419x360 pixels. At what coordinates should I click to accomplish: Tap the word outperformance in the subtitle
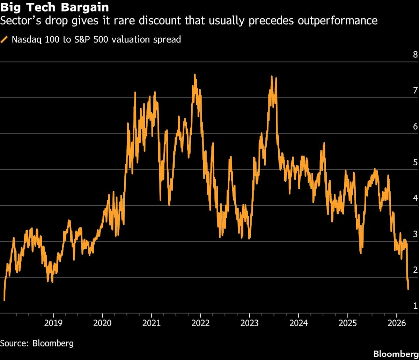(338, 21)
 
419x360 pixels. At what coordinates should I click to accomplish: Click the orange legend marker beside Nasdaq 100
(5, 39)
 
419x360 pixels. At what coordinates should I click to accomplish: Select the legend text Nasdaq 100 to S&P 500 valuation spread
(96, 39)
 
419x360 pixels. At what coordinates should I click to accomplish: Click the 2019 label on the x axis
(53, 323)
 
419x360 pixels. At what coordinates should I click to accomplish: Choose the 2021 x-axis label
(152, 323)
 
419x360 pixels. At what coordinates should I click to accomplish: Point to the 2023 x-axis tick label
(250, 323)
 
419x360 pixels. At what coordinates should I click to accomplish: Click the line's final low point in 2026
(409, 288)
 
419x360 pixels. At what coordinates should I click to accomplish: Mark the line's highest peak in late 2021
(195, 75)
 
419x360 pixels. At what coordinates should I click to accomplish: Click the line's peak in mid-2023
(272, 76)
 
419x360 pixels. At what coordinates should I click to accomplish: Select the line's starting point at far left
(4, 300)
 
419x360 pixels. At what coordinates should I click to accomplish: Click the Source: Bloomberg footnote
(37, 343)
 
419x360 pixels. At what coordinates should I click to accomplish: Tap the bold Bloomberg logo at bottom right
(396, 353)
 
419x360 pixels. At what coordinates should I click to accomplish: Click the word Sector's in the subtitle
(17, 21)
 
